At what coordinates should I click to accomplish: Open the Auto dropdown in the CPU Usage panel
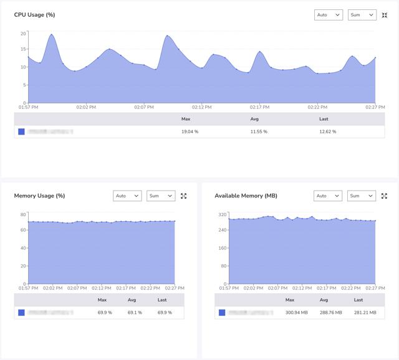coord(329,15)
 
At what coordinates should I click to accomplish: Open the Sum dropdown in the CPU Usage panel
coord(362,15)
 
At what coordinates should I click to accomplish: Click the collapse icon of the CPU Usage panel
coord(385,15)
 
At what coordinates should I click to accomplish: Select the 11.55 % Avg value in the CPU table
coord(259,131)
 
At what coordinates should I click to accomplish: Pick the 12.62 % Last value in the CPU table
coord(327,131)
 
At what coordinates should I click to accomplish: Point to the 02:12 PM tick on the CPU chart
coord(202,107)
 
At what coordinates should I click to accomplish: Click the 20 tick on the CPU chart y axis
coord(23,34)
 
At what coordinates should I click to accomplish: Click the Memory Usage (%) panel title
coord(39,196)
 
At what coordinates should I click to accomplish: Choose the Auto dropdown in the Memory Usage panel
coord(127,196)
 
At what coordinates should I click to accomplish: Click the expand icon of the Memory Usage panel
coord(184,196)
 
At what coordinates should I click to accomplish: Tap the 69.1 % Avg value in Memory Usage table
coord(135,313)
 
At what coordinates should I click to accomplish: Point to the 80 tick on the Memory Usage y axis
coord(23,215)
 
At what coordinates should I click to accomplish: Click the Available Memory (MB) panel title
coord(246,196)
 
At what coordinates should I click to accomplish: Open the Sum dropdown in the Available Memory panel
coord(362,196)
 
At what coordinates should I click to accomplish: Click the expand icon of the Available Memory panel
coord(385,196)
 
